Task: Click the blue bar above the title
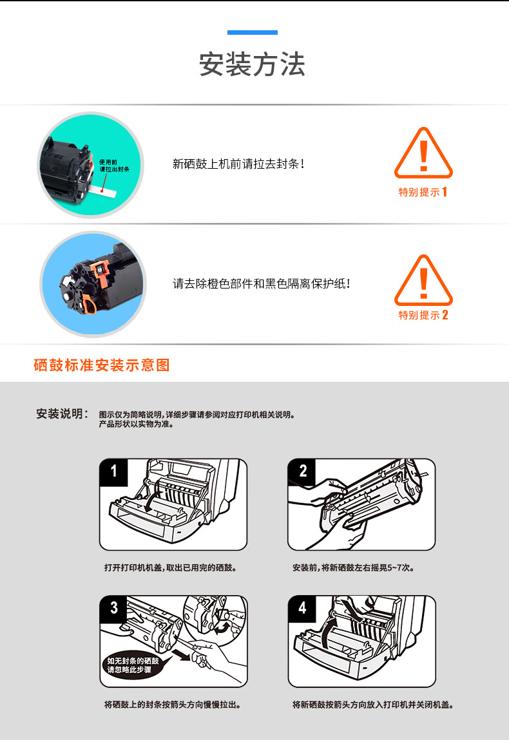coord(252,33)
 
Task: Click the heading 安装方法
coord(252,64)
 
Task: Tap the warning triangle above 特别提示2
coord(423,280)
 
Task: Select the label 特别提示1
coord(423,192)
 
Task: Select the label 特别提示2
coord(423,315)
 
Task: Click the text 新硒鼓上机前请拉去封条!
coord(238,164)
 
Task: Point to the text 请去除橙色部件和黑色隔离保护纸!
coord(261,283)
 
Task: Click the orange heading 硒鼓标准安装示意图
coord(102,365)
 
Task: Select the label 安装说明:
coord(62,414)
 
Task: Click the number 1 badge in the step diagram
coord(114,471)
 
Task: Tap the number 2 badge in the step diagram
coord(302,471)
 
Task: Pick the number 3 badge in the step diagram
coord(114,609)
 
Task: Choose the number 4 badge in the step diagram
coord(302,609)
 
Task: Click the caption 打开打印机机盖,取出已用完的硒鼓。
coord(171,568)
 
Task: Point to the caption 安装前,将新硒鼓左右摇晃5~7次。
coord(354,568)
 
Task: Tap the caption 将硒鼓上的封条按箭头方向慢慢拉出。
coord(173,705)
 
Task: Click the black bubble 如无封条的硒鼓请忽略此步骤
coord(133,665)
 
